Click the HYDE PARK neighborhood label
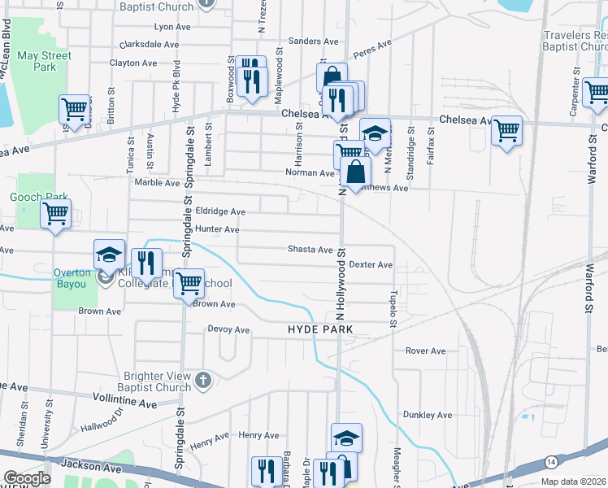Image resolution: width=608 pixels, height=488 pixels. pyautogui.click(x=320, y=329)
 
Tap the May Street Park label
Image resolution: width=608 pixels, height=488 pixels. pyautogui.click(x=45, y=62)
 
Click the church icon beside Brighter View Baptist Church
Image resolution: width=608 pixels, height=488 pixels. pyautogui.click(x=202, y=379)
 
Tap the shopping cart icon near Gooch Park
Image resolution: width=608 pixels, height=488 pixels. pyautogui.click(x=55, y=215)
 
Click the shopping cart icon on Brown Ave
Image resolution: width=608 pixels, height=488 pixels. pyautogui.click(x=189, y=283)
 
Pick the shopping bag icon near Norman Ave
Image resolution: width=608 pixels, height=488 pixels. pyautogui.click(x=355, y=172)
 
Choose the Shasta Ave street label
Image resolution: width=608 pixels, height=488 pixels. pyautogui.click(x=311, y=250)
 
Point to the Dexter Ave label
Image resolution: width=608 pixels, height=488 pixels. pyautogui.click(x=371, y=265)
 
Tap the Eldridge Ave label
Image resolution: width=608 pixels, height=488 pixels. pyautogui.click(x=215, y=211)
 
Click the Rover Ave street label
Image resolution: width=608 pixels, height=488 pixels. pyautogui.click(x=426, y=351)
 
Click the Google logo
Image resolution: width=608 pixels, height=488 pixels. pyautogui.click(x=27, y=478)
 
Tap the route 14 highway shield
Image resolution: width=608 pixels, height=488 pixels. pyautogui.click(x=551, y=462)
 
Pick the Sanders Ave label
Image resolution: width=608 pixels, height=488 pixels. pyautogui.click(x=313, y=41)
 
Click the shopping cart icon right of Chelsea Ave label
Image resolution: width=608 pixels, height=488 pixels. pyautogui.click(x=507, y=130)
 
